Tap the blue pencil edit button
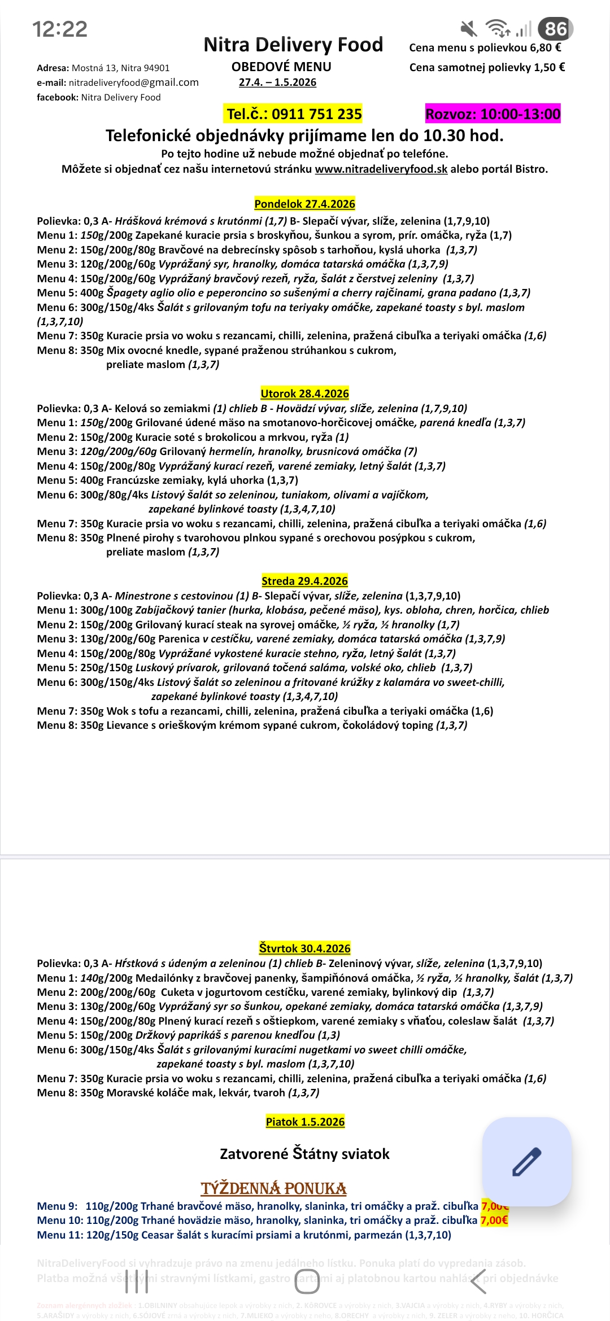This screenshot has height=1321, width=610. tap(526, 1161)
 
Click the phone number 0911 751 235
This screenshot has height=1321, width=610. tap(294, 114)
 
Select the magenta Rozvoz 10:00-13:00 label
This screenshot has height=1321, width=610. tap(493, 114)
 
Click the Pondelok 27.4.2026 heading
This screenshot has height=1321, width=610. tap(304, 204)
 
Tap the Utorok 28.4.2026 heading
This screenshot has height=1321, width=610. tap(304, 393)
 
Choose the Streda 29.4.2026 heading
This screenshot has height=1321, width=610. tap(304, 581)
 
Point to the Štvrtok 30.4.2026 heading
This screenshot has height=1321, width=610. tap(304, 948)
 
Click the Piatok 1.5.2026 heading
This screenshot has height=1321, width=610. tap(305, 1122)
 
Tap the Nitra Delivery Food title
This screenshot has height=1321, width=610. tap(293, 45)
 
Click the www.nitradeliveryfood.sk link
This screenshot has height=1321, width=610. tap(381, 169)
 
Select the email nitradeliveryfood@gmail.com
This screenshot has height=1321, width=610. tap(134, 82)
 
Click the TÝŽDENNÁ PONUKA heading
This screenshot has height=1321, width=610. tap(273, 1188)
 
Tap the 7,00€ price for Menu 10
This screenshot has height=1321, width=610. tap(494, 1221)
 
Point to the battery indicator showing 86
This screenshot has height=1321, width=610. tap(555, 29)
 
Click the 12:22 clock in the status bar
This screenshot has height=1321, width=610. tap(60, 29)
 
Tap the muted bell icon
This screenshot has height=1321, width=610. tap(468, 28)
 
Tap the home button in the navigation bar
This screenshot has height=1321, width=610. tap(307, 1281)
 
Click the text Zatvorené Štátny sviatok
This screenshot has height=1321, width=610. tap(304, 1154)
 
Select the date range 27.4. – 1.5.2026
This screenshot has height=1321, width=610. tap(277, 82)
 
